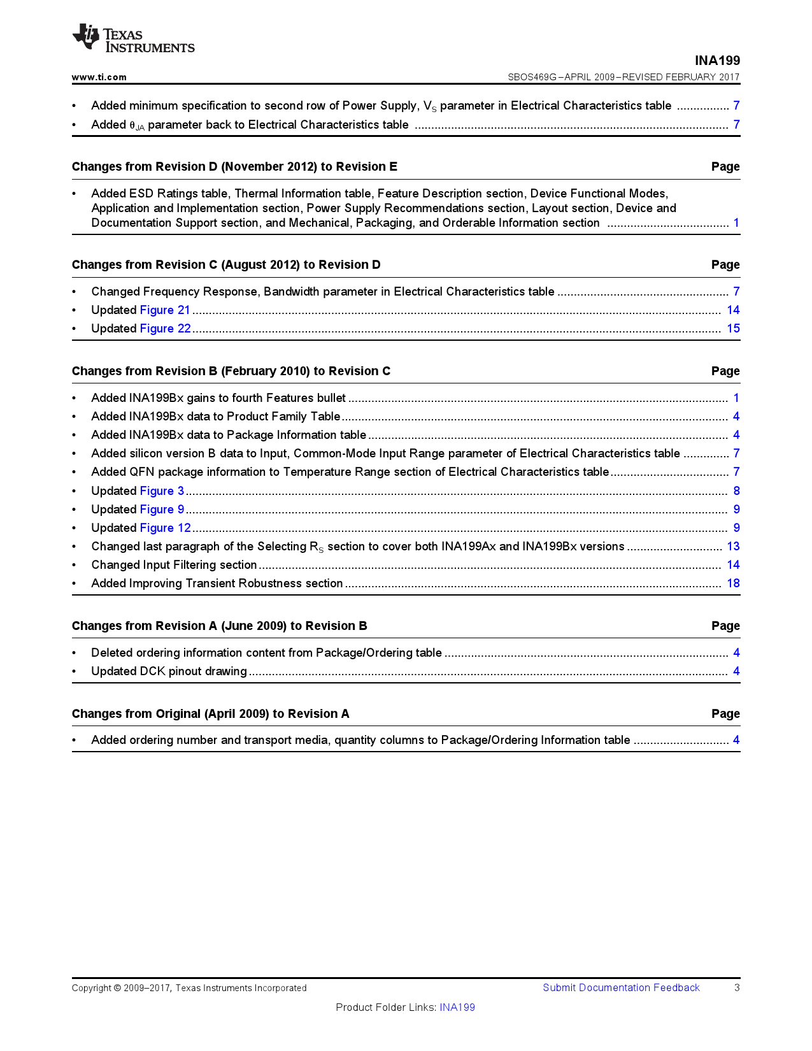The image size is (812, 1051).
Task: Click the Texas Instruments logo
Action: click(133, 38)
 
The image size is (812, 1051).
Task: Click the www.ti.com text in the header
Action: click(99, 77)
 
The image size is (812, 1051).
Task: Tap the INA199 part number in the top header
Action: click(717, 61)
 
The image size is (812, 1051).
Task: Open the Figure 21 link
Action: click(165, 310)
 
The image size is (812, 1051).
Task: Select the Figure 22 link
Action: click(165, 329)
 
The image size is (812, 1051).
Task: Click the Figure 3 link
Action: click(162, 491)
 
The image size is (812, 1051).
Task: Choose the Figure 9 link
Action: click(162, 510)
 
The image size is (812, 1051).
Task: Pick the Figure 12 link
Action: click(165, 528)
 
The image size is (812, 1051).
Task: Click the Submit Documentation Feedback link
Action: click(621, 988)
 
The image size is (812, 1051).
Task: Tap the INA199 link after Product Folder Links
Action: click(457, 1007)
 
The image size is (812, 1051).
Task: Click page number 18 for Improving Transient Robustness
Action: click(733, 583)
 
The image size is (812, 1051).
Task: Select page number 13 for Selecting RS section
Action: click(733, 547)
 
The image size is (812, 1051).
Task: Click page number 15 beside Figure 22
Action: click(733, 329)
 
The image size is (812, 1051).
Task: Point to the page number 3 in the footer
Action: click(737, 988)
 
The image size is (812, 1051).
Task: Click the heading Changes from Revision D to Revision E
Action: click(234, 167)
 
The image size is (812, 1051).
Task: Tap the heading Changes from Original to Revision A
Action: click(210, 714)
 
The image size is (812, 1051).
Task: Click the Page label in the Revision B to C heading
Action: click(725, 371)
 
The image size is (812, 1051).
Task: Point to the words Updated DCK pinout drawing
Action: click(169, 671)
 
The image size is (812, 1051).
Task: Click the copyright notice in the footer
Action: click(189, 988)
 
